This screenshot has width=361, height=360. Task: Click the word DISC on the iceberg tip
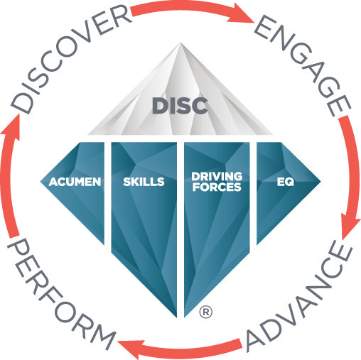(x=180, y=106)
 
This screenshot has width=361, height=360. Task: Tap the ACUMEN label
(x=75, y=182)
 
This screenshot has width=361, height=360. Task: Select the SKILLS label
(x=144, y=182)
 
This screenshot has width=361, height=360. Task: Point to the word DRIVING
(x=217, y=177)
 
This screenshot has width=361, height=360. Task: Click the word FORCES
(x=217, y=187)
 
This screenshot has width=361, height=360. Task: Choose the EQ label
(x=286, y=182)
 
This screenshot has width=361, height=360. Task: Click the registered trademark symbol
(x=206, y=312)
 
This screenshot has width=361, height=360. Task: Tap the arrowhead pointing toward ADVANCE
(x=350, y=225)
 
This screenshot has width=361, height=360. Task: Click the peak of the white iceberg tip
(x=180, y=43)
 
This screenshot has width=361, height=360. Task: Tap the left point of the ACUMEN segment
(x=41, y=182)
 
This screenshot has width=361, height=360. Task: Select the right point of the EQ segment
(x=320, y=182)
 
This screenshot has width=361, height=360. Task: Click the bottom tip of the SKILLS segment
(x=176, y=317)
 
